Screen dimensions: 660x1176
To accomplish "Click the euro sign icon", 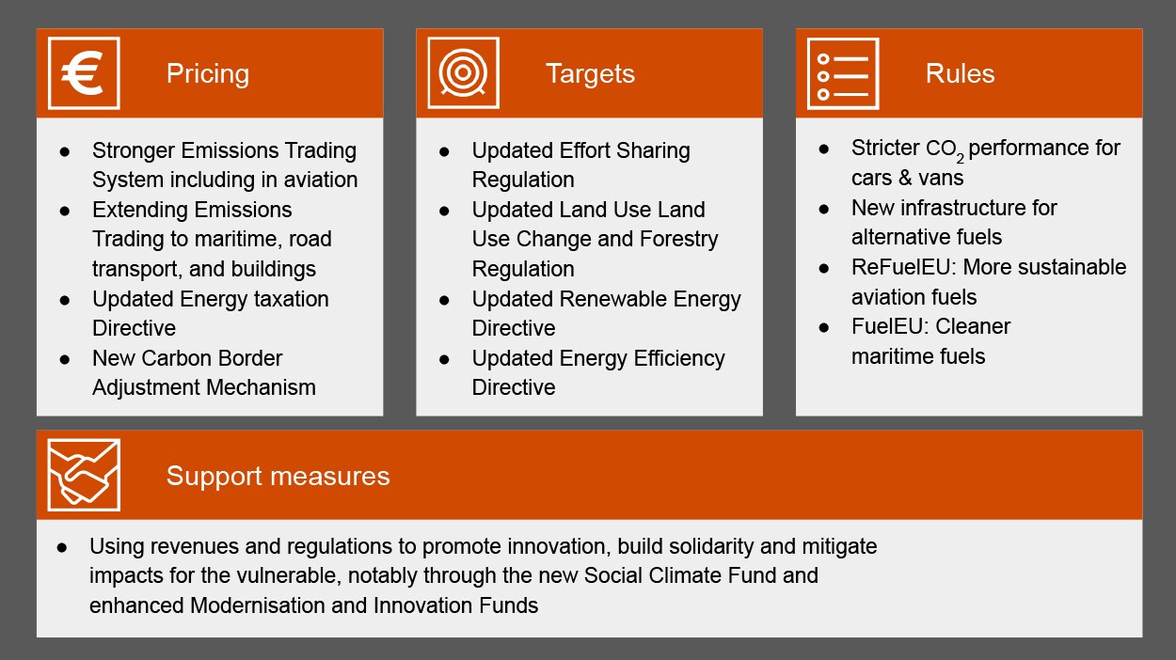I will click(84, 73).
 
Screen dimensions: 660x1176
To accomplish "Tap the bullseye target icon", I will click(463, 73).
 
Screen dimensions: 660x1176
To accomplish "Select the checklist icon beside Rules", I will click(843, 73).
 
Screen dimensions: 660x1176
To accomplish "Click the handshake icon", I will click(84, 475).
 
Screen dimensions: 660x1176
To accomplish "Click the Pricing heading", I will click(207, 73).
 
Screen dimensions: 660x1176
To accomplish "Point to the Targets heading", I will click(590, 73).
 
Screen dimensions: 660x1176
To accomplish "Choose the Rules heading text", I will click(960, 73).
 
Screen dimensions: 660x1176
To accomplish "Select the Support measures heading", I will click(278, 476).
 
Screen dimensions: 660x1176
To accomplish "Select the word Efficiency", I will click(672, 358).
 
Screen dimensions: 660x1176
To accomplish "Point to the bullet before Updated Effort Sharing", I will click(444, 151).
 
